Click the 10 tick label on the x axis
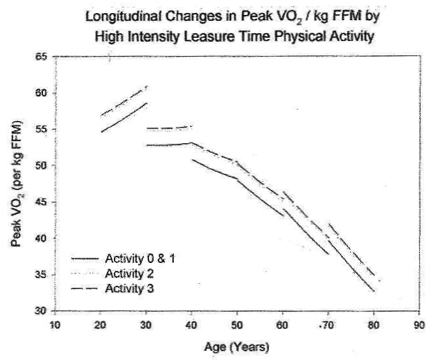55,325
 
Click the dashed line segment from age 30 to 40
169,128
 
